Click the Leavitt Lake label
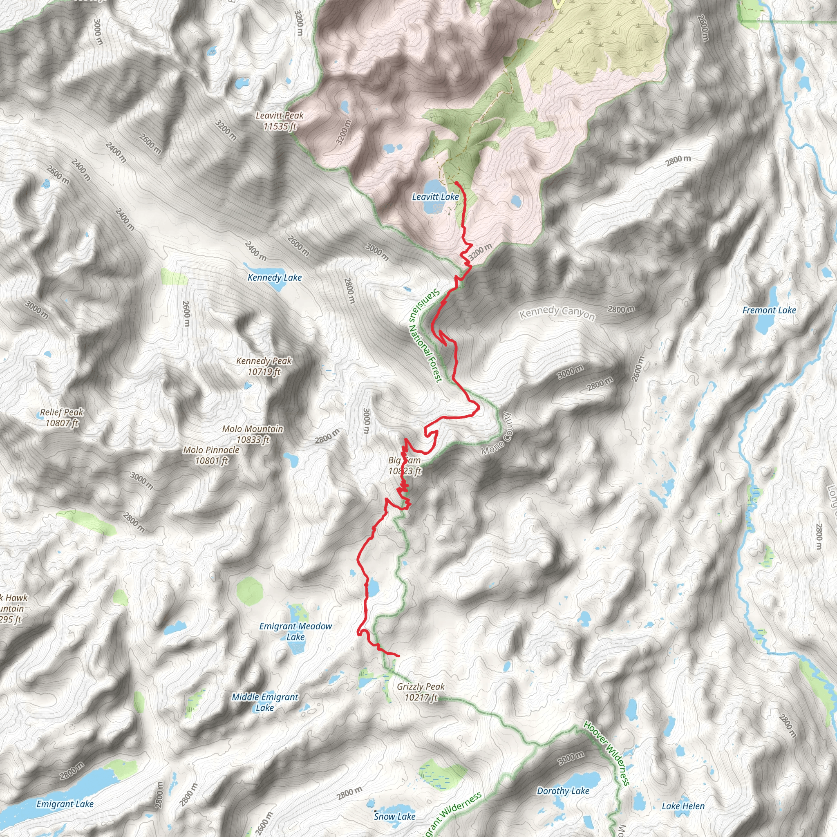coord(435,197)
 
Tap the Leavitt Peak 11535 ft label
coord(280,121)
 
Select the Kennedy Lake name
coord(275,278)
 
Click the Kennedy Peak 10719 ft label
coord(264,366)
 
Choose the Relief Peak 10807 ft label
coord(62,418)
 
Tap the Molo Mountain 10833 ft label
coord(253,434)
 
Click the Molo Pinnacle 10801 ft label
coord(211,455)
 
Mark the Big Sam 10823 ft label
coord(404,466)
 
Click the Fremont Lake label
coord(769,310)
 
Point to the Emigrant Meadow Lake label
coord(295,631)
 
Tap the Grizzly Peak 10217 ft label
coord(421,692)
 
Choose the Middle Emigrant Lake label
coord(265,702)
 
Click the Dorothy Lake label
coord(563,791)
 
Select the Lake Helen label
coord(683,806)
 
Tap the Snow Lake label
coord(394,817)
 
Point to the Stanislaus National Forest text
coord(425,336)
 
